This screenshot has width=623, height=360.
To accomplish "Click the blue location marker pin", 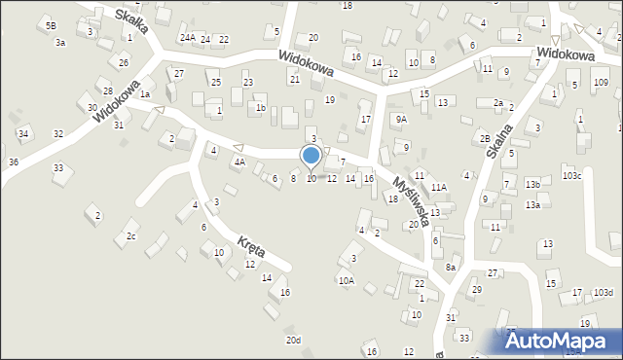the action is point(311,157).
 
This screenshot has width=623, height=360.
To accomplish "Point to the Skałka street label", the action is point(130,20).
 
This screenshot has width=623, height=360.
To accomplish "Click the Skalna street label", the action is point(498,139).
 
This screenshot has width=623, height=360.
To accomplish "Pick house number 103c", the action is point(571,175).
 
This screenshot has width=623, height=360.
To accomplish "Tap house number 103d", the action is point(604,292).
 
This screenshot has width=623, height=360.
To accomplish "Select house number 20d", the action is point(293,340).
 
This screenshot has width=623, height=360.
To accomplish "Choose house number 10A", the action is point(346,280).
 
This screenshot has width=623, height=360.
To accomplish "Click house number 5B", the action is point(51,26).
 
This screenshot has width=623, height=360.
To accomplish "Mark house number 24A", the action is point(187,38).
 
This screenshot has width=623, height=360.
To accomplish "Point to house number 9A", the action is point(401,119).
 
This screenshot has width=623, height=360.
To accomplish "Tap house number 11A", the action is point(439,187).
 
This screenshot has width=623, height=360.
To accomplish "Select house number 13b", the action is point(532,184).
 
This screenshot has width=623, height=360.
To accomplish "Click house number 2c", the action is point(131,236).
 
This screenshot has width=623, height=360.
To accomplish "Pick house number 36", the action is point(14,162).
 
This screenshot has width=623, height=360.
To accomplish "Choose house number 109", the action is point(601,83).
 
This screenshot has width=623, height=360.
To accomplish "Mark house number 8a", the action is point(451,267).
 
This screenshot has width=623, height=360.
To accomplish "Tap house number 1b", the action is point(260,108).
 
